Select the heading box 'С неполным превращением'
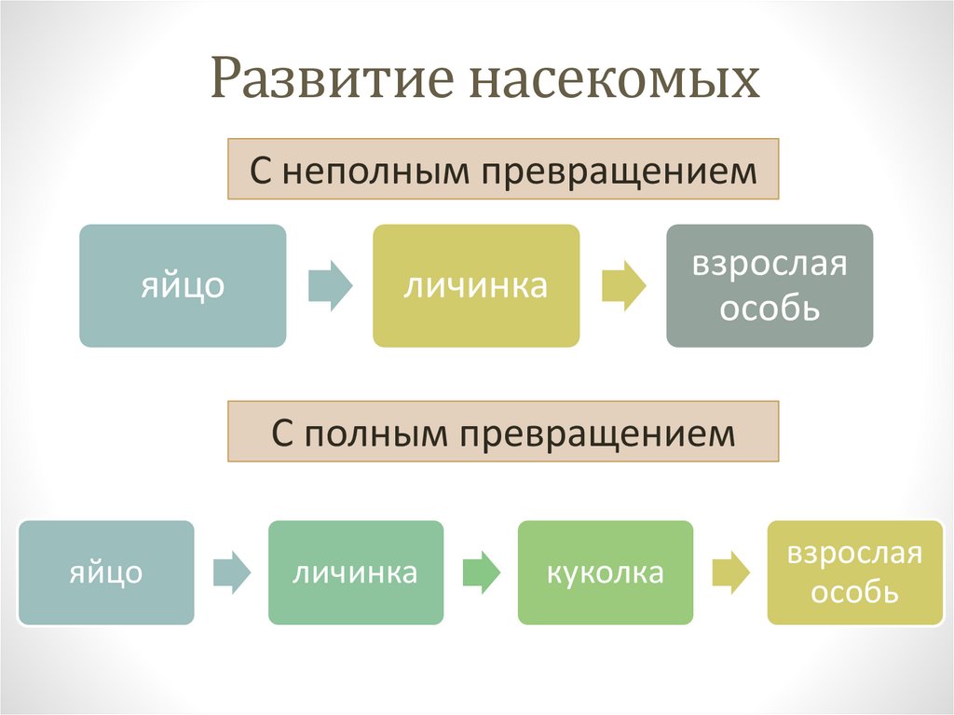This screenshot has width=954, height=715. [503, 169]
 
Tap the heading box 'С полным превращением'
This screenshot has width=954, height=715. [503, 432]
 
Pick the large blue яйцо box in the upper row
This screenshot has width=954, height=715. [183, 285]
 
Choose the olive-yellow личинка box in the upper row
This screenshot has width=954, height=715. [476, 285]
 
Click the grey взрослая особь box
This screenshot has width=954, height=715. [770, 285]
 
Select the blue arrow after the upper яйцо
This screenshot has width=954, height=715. [330, 286]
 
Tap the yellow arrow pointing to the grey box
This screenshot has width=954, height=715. [623, 286]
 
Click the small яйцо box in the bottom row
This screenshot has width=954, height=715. [106, 571]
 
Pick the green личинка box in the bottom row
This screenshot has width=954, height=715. [355, 571]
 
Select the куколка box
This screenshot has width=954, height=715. [605, 571]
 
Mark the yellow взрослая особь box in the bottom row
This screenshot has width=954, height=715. [854, 571]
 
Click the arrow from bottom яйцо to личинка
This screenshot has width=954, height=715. [231, 571]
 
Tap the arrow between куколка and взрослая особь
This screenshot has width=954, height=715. [729, 571]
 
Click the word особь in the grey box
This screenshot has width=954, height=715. [770, 308]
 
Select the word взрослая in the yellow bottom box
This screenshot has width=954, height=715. [854, 554]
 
